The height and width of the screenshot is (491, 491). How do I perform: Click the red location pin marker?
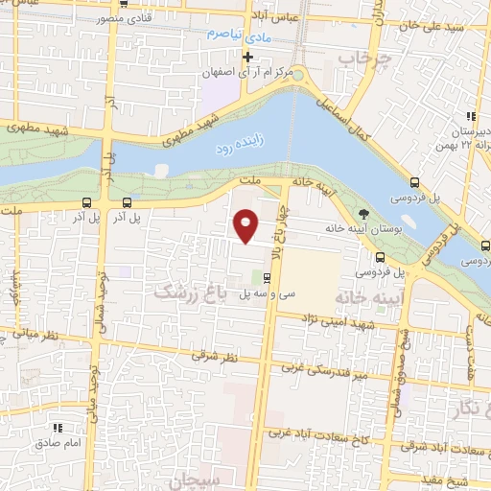[x=246, y=225]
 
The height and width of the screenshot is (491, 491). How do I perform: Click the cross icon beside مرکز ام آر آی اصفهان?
[x=247, y=57]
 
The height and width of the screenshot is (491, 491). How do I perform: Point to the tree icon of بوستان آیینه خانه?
[x=362, y=213]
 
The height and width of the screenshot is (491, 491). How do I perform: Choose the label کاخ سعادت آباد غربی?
[x=310, y=433]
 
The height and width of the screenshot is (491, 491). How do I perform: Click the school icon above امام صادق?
[x=58, y=427]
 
